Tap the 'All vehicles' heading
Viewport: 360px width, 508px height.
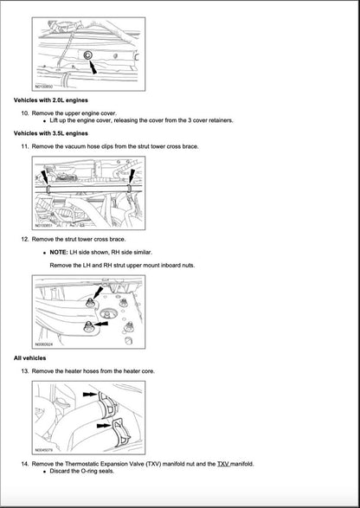pos(30,357)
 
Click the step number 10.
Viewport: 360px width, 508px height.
pos(25,113)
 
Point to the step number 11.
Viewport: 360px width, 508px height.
pos(25,146)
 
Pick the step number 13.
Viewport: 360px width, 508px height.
pos(25,370)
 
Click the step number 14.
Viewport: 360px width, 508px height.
pos(25,464)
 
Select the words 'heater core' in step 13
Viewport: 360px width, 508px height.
pos(138,370)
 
